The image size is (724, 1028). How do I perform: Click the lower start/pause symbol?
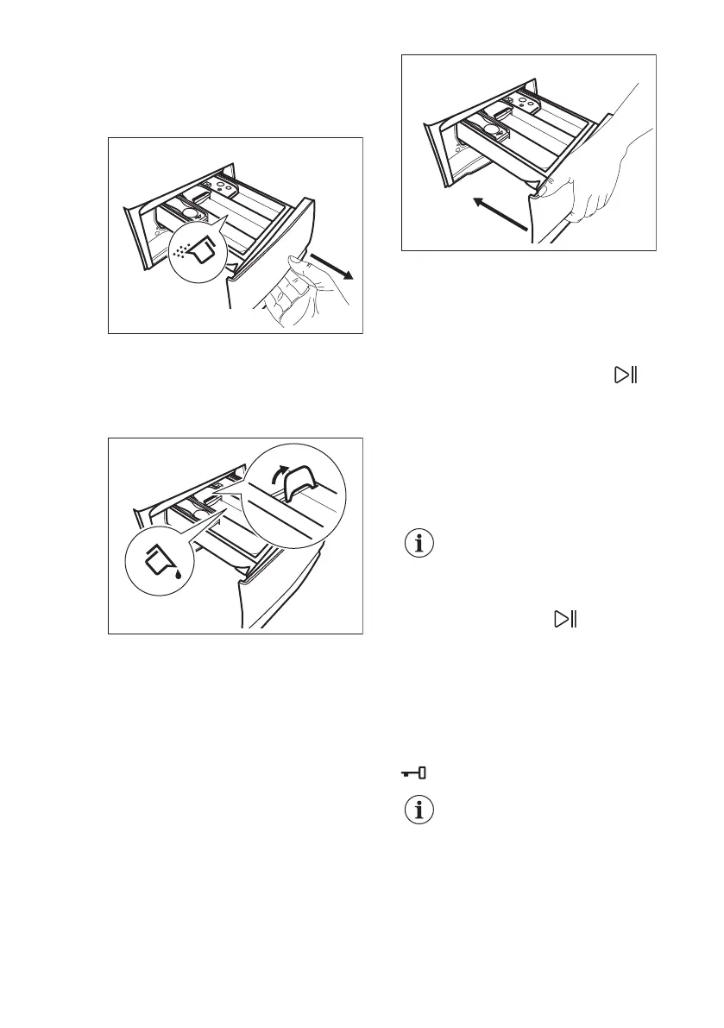(566, 618)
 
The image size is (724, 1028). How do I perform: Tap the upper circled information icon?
(419, 544)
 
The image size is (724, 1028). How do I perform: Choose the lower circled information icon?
(419, 812)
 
